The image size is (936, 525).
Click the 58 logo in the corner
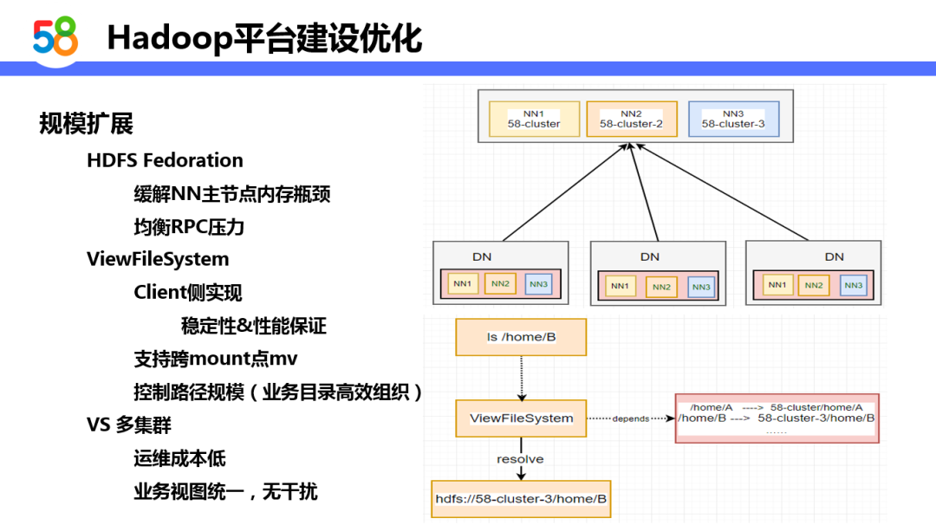click(x=55, y=36)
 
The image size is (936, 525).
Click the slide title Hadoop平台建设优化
click(x=264, y=38)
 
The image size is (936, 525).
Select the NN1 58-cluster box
click(x=535, y=120)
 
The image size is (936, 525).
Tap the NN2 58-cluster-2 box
click(x=631, y=120)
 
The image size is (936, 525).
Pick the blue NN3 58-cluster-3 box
click(x=733, y=120)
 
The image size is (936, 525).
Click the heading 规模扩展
click(x=86, y=124)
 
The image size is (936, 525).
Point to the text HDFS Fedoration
click(x=165, y=160)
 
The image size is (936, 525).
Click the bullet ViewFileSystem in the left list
click(x=158, y=259)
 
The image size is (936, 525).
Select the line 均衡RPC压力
click(x=189, y=227)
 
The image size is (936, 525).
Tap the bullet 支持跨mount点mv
click(x=216, y=358)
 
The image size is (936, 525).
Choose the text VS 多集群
click(x=129, y=425)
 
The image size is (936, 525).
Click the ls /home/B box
click(x=521, y=337)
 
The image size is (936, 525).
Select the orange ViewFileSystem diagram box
click(x=521, y=418)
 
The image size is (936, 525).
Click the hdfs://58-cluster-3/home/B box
click(x=521, y=499)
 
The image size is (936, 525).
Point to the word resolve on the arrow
click(x=520, y=459)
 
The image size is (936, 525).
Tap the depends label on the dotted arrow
click(x=630, y=419)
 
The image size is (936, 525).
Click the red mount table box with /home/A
click(x=777, y=418)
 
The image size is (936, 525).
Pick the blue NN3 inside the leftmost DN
click(x=538, y=284)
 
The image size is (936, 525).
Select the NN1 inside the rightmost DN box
click(x=777, y=285)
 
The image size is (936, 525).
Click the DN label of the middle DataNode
click(x=650, y=256)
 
